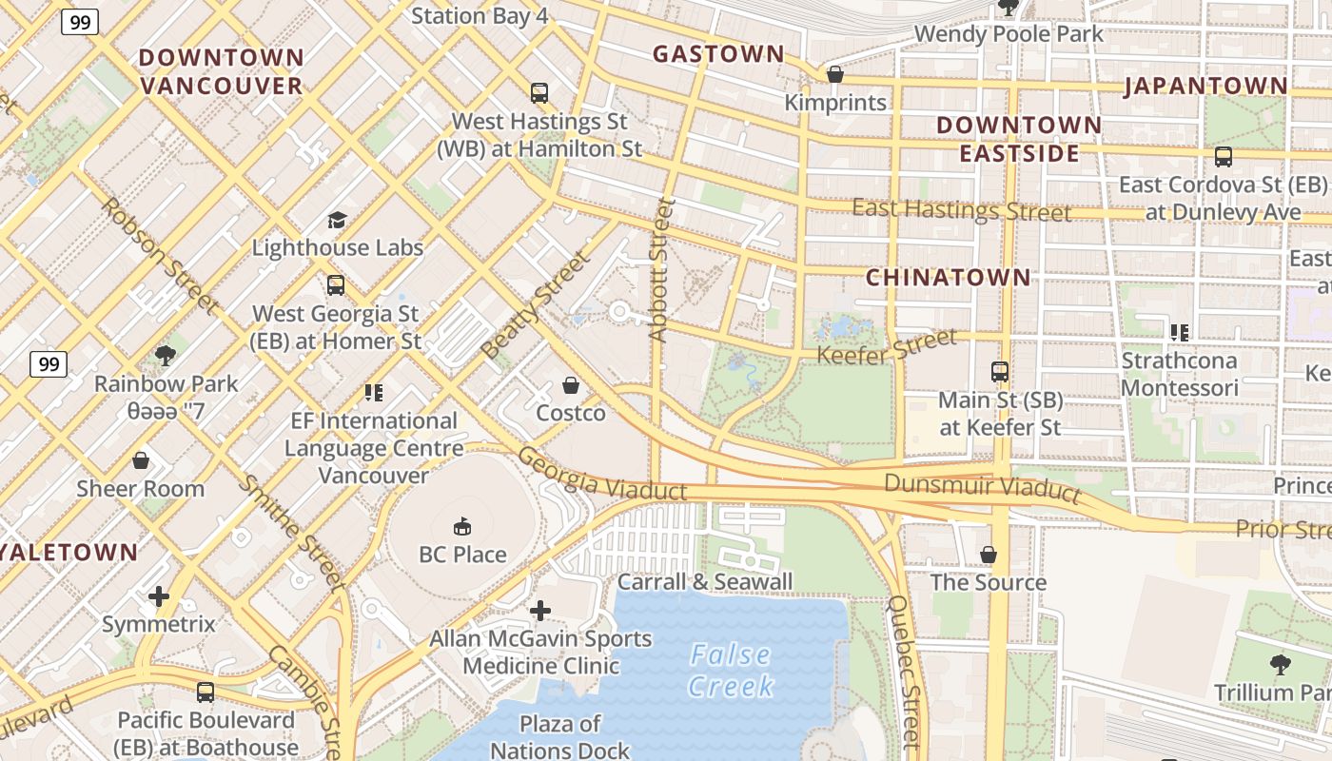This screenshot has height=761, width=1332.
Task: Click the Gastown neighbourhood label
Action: point(718,54)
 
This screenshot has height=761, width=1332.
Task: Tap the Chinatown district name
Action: point(949,277)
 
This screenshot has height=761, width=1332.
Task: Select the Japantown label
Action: point(1206,86)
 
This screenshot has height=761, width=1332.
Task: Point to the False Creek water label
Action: point(732,670)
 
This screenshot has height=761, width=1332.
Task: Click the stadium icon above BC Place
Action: point(462,526)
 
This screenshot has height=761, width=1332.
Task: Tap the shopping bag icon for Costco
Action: point(571,385)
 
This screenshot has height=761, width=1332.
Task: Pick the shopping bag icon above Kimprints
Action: point(835,74)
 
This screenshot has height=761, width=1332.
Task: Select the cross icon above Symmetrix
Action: point(159,596)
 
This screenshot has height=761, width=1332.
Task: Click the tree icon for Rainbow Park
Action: point(166,356)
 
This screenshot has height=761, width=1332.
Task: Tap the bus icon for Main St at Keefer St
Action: point(999,372)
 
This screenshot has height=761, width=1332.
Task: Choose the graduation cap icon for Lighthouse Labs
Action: point(337,220)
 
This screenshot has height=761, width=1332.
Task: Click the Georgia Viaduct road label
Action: point(601,475)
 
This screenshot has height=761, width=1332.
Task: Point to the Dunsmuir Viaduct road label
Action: point(982,487)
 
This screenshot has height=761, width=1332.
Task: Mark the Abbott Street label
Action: point(660,269)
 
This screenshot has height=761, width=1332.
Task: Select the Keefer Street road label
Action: point(887,347)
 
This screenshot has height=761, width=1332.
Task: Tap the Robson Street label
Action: point(159,256)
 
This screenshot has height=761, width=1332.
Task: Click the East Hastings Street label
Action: point(961,209)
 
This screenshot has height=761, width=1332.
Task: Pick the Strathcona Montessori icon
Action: point(1180,332)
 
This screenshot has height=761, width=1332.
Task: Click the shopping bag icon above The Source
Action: point(989,555)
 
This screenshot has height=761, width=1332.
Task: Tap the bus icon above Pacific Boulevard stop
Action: point(206,693)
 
